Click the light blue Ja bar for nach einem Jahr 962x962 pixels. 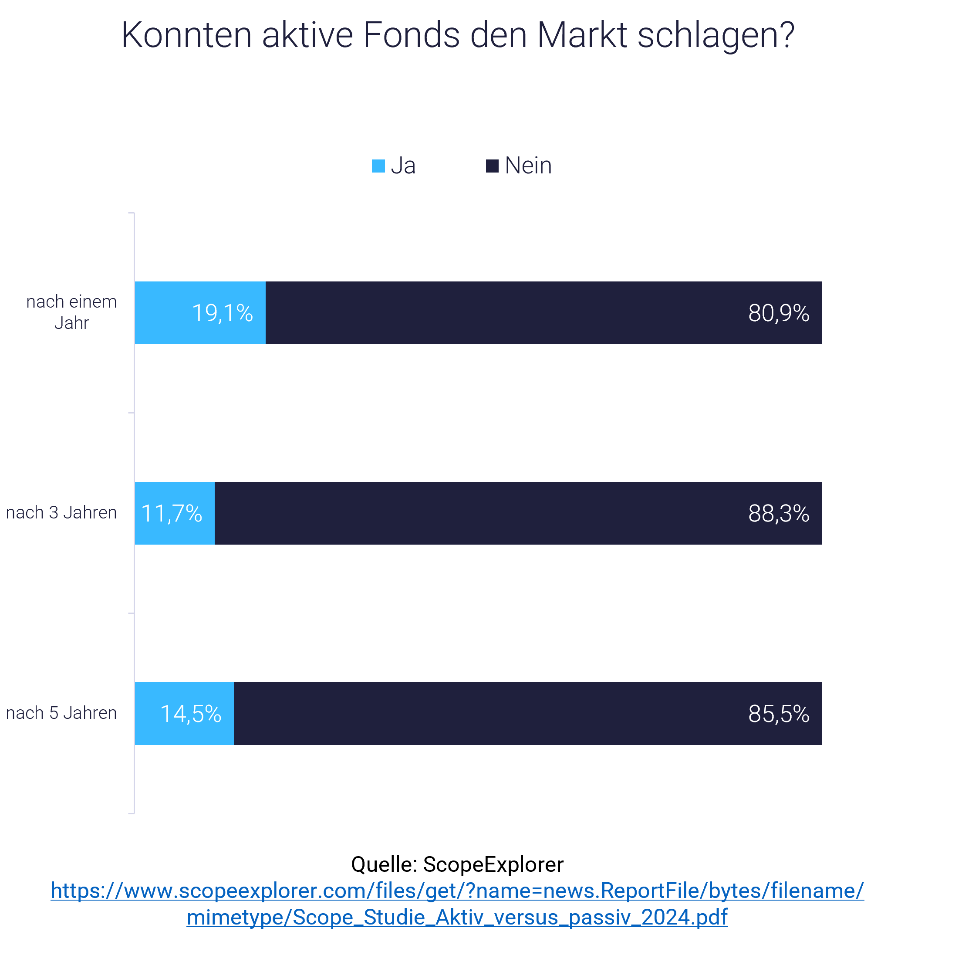pyautogui.click(x=164, y=312)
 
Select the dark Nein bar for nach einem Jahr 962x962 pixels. pyautogui.click(x=498, y=312)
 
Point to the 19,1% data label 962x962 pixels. pyautogui.click(x=222, y=313)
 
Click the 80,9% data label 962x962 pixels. pyautogui.click(x=778, y=313)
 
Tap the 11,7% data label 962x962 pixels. pyautogui.click(x=171, y=513)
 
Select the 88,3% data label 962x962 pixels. pyautogui.click(x=778, y=513)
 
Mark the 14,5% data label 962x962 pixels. pyautogui.click(x=190, y=713)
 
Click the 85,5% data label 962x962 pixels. pyautogui.click(x=778, y=713)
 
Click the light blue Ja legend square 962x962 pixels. pyautogui.click(x=378, y=166)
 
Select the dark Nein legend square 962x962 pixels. pyautogui.click(x=492, y=166)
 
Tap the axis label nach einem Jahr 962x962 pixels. pyautogui.click(x=71, y=312)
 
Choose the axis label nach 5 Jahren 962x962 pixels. pyautogui.click(x=61, y=712)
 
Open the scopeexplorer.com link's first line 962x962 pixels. pyautogui.click(x=457, y=890)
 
